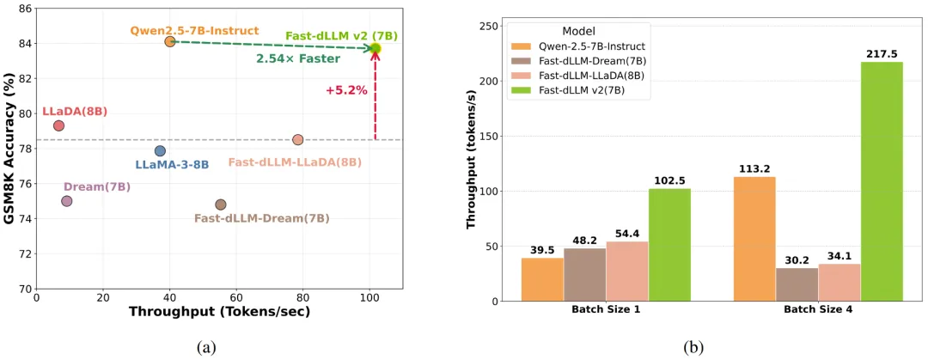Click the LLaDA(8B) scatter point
point(58,125)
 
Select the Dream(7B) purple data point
point(67,201)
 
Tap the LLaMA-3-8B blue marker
point(160,151)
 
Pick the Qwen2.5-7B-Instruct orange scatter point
point(170,41)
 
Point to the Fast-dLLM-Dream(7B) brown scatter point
point(221,204)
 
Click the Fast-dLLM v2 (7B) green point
point(375,48)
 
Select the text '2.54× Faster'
point(298,58)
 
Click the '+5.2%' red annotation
point(347,89)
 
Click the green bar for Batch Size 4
point(882,181)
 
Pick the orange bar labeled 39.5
point(542,279)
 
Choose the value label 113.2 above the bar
point(754,168)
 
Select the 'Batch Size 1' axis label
point(606,310)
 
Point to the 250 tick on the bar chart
point(487,27)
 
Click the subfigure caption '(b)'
point(693,347)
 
